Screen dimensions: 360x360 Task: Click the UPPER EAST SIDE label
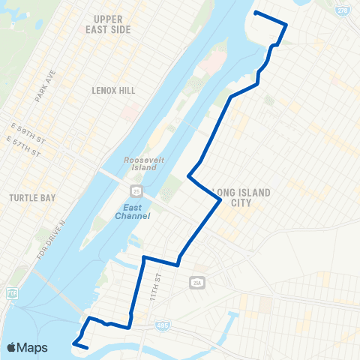click(x=113, y=23)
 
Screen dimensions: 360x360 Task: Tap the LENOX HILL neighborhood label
click(x=114, y=90)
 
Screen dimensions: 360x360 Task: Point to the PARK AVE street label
click(x=45, y=87)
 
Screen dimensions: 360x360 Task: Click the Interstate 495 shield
click(x=163, y=325)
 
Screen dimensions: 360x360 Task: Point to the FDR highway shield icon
click(x=12, y=292)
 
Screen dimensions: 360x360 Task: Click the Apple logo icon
click(x=12, y=347)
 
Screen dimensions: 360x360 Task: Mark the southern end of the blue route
click(x=88, y=348)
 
